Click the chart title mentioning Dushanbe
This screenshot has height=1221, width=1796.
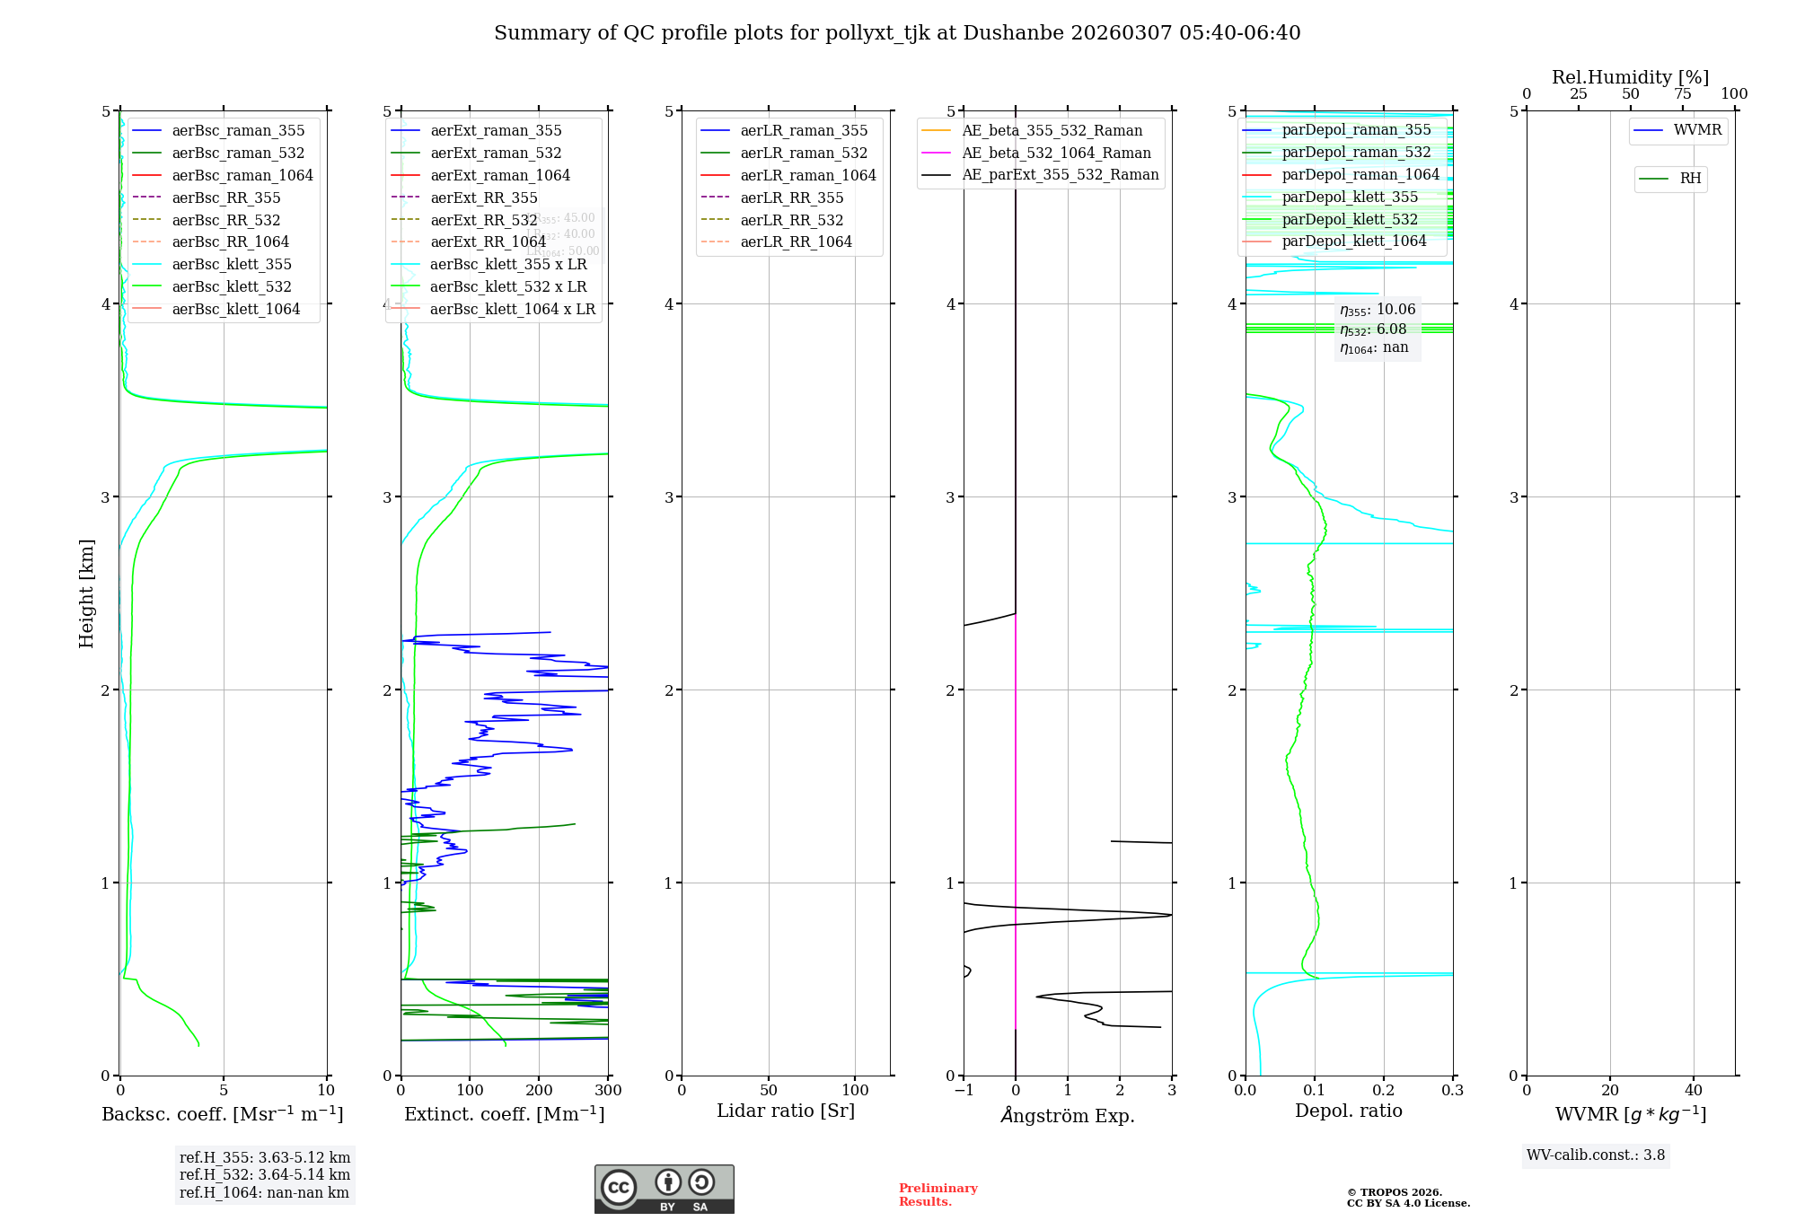897,33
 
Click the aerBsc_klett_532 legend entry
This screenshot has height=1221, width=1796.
232,286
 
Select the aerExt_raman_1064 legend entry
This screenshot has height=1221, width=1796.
500,175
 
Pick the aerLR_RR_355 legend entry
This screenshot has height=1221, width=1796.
791,198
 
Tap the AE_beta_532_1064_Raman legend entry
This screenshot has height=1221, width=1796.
1056,153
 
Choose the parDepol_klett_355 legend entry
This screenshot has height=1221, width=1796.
1350,197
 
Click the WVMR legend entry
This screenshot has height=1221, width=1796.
1697,130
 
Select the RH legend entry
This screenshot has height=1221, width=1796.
1690,179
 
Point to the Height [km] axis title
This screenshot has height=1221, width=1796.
86,593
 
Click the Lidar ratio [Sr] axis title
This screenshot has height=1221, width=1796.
786,1111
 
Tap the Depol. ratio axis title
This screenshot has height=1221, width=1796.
1348,1111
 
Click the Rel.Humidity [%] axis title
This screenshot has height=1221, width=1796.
1630,77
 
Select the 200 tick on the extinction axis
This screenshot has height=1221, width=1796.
539,1090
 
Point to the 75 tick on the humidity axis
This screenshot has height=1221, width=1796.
1682,94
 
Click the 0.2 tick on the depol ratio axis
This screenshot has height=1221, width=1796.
1384,1090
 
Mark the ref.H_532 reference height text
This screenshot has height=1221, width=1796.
265,1174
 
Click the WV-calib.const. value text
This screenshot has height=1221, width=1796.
1596,1155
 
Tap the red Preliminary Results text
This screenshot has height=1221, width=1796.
938,1195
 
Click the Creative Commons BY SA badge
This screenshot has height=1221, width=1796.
664,1190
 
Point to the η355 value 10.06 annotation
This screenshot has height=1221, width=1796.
1378,310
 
